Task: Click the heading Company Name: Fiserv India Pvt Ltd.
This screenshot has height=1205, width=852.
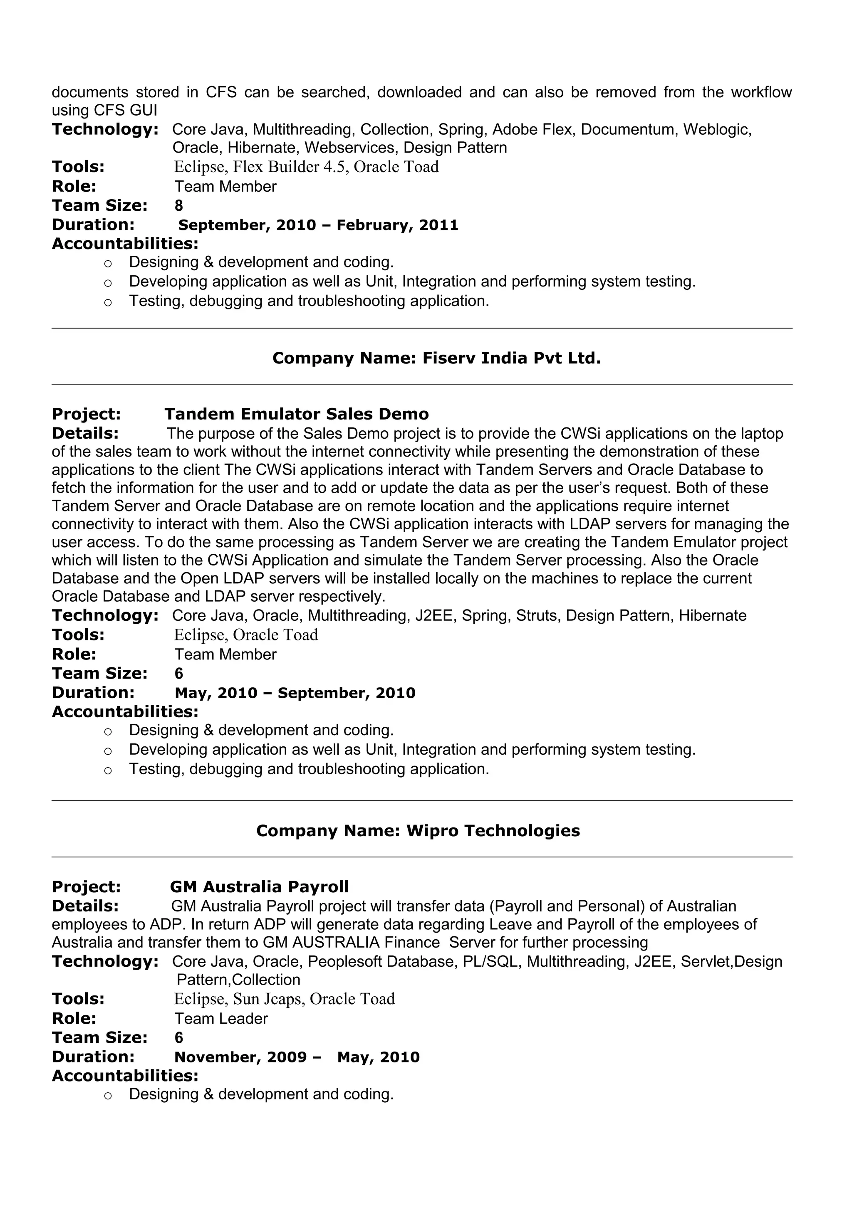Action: [x=436, y=358]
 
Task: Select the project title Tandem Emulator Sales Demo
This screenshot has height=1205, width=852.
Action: [x=296, y=414]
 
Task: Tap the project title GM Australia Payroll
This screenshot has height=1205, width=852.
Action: [x=259, y=887]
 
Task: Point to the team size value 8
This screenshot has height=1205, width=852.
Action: [x=178, y=206]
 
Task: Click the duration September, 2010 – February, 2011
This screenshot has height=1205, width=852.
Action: [x=318, y=225]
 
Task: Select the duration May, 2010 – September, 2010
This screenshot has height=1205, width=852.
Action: [x=295, y=693]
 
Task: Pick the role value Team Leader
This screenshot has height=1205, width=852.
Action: [x=221, y=1019]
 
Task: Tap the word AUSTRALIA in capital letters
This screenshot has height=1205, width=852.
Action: [x=335, y=942]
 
